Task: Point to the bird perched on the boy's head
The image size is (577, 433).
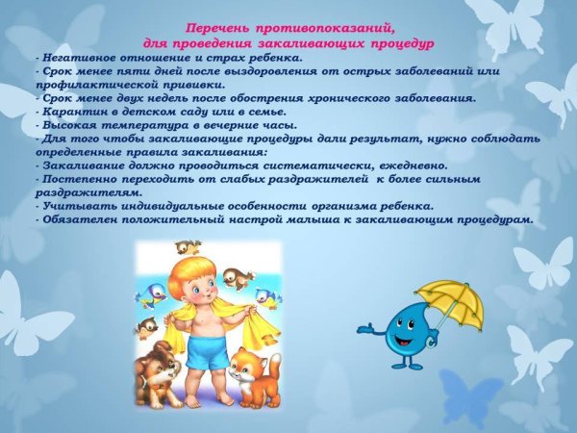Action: coord(187,247)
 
